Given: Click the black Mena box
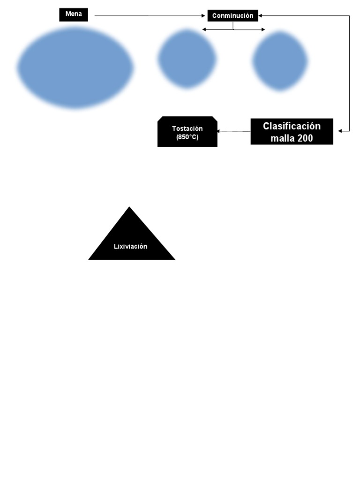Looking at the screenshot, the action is (73, 15).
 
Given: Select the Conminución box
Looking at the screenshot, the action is (232, 15).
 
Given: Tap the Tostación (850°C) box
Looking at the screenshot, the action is (187, 132).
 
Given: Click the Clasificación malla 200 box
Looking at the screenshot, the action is (292, 131).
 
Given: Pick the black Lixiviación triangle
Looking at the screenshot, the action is (131, 241).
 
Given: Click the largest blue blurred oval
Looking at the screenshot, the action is (75, 67).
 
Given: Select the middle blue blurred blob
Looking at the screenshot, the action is (187, 59).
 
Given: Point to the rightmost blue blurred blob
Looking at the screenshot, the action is (280, 60).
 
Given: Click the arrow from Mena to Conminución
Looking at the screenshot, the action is (150, 16).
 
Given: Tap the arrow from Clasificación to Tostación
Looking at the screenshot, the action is (233, 131).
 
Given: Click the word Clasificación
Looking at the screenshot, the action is (292, 126).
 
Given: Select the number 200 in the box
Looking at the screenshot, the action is (304, 138).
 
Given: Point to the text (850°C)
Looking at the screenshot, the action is (187, 137).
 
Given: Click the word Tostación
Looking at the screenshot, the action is (187, 128).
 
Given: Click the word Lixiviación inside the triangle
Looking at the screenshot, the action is (131, 246).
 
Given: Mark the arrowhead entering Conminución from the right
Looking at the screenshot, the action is (261, 15).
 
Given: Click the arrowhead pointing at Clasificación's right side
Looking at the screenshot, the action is (341, 131).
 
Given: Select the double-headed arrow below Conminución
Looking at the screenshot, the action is (233, 30).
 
